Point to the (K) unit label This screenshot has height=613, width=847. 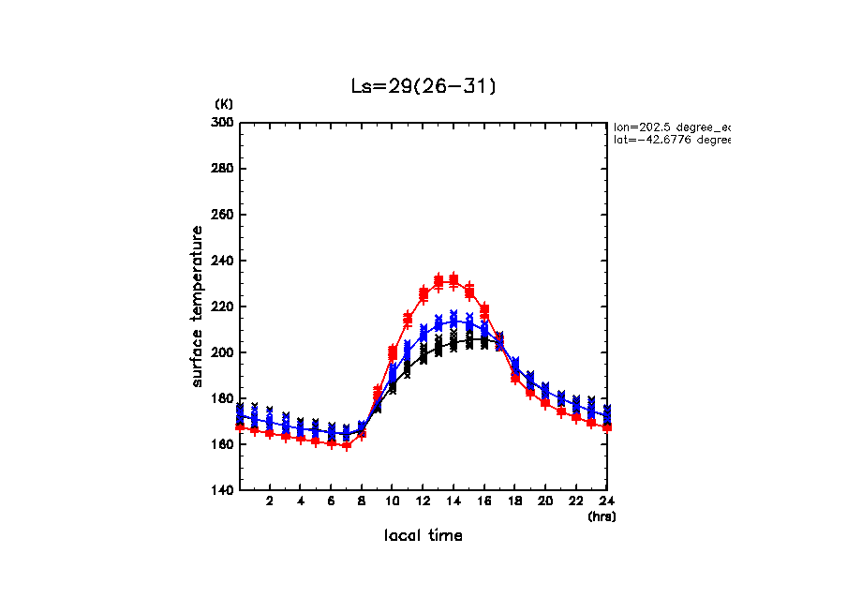click(x=224, y=103)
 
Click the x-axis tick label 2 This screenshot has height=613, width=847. click(x=270, y=501)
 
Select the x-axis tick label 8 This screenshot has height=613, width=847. click(x=362, y=501)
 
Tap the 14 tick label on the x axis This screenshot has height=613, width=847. click(x=453, y=501)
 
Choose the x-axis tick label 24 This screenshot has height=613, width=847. click(x=607, y=501)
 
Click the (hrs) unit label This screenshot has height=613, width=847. click(x=602, y=516)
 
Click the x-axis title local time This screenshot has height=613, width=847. click(x=423, y=536)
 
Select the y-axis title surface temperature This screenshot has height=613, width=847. click(x=198, y=306)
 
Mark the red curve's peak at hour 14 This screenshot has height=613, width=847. click(x=453, y=279)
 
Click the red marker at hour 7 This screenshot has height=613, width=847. click(x=347, y=445)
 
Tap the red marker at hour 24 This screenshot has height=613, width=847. click(x=607, y=427)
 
